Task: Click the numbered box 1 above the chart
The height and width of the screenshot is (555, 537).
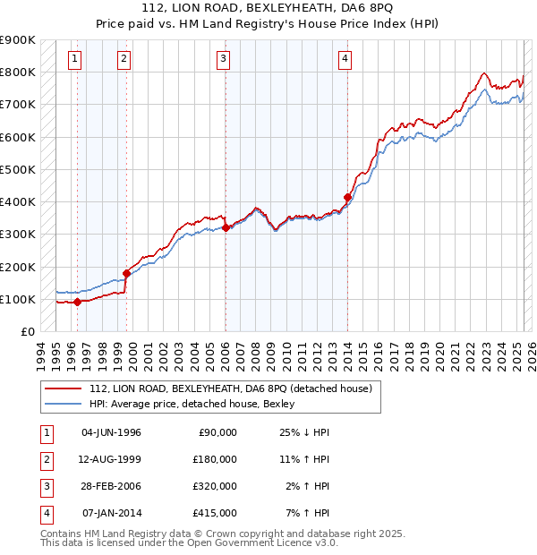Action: pos(73,60)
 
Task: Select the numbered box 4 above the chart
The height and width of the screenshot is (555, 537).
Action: pos(345,60)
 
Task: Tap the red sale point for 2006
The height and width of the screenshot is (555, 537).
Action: pos(226,228)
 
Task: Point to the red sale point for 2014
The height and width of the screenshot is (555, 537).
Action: pos(347,197)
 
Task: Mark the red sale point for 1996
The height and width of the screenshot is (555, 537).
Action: pos(78,302)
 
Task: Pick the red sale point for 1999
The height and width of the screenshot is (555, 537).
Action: pos(126,273)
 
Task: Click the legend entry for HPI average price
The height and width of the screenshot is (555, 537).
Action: pos(198,405)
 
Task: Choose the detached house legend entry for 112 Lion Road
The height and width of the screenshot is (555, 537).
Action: pos(235,388)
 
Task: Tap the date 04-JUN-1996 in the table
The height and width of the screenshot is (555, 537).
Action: pos(111,432)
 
